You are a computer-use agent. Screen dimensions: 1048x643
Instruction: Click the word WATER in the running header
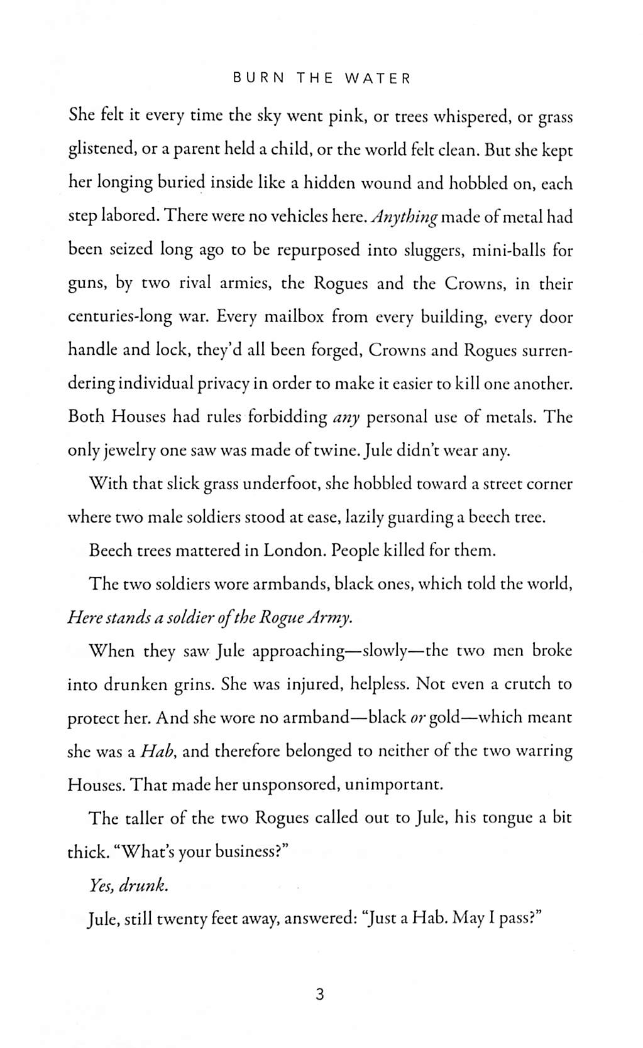[378, 78]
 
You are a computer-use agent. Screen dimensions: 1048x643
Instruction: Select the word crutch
[518, 683]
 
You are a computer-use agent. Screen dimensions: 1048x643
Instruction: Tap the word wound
[359, 183]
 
